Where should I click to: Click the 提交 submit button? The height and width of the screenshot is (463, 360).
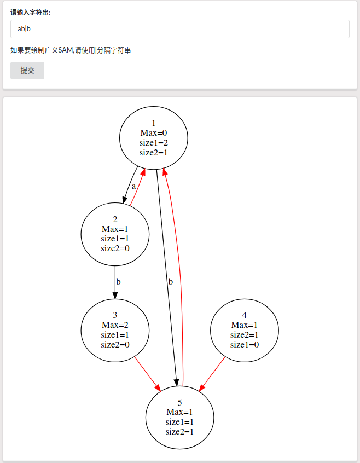click(x=27, y=71)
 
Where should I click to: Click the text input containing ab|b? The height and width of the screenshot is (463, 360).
click(x=180, y=29)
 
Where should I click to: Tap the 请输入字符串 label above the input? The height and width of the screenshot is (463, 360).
click(x=31, y=13)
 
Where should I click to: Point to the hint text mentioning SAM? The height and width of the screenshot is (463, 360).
click(x=71, y=50)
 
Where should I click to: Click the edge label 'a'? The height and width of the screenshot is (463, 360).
click(x=133, y=186)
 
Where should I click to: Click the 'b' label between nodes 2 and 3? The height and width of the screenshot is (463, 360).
click(x=118, y=282)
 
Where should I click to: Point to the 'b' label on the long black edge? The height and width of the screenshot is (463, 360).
click(x=171, y=282)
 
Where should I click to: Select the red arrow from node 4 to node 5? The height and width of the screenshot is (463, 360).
click(x=212, y=374)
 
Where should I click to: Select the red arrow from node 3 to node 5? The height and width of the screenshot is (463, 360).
click(x=148, y=374)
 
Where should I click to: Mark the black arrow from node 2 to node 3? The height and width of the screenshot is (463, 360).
click(x=115, y=282)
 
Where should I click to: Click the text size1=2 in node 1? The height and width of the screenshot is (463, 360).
click(x=154, y=143)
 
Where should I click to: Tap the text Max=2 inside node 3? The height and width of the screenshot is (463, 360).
click(x=115, y=325)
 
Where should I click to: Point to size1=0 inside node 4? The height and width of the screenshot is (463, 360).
click(x=245, y=345)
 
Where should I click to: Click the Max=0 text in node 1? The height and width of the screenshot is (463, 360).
click(x=154, y=133)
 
